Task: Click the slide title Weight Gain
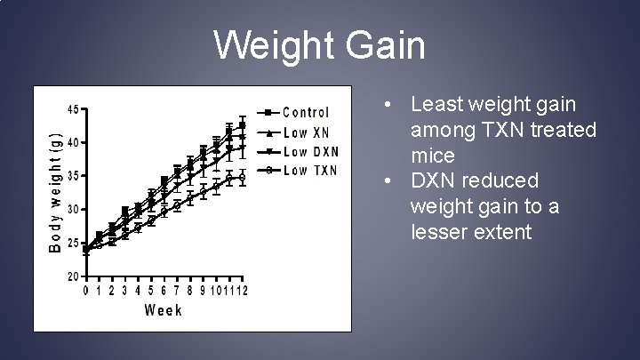[x=320, y=44]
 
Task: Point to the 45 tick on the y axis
[x=72, y=109]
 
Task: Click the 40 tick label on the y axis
[x=72, y=142]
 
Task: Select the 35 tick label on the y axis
[x=72, y=176]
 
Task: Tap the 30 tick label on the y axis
[x=72, y=209]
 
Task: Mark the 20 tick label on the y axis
[x=72, y=276]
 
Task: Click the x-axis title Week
[x=164, y=310]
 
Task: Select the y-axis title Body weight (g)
[x=55, y=192]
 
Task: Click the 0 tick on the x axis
[x=86, y=291]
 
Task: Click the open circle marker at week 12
[x=242, y=177]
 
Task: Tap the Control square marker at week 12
[x=242, y=125]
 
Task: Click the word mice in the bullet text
[x=433, y=156]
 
